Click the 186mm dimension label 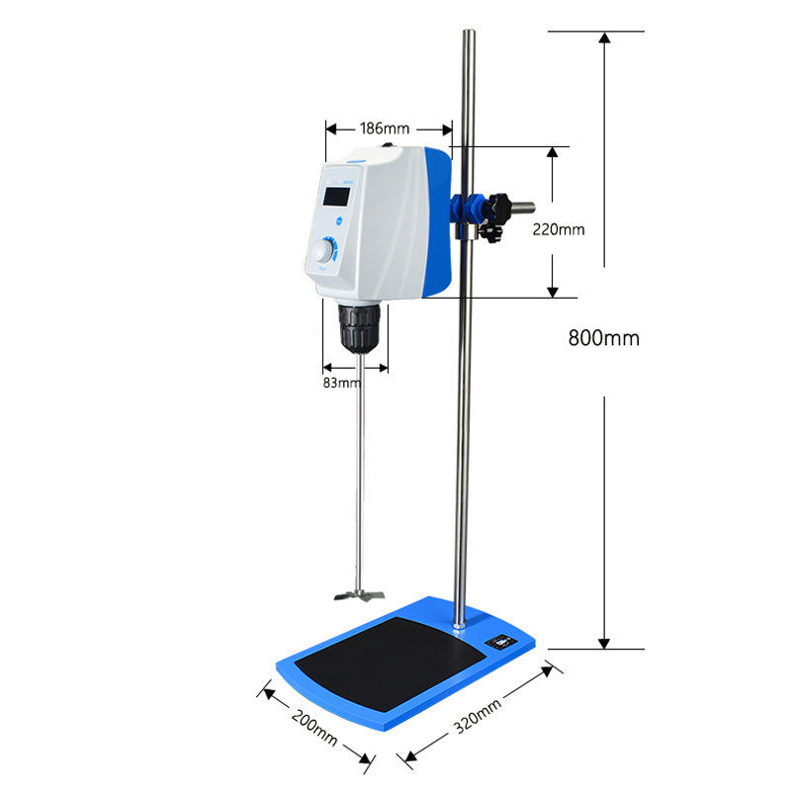pos(385,129)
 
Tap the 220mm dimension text pos(559,229)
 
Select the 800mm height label pos(604,338)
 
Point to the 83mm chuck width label pos(342,383)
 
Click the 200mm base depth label pos(313,728)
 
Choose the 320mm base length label pos(478,716)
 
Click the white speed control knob pos(322,251)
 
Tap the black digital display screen pos(336,196)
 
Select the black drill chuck pos(359,328)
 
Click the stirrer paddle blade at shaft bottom pos(359,595)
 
